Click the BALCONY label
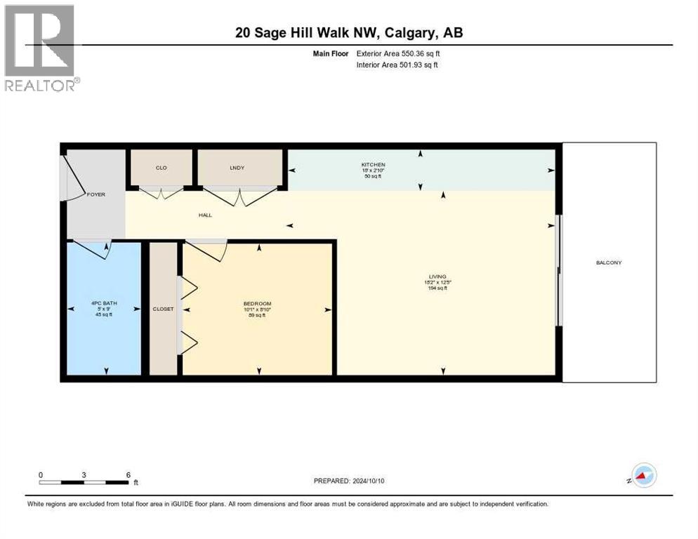tap(609, 262)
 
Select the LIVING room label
tap(439, 277)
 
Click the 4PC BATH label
tap(104, 303)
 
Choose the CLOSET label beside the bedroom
tap(163, 309)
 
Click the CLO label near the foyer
tap(161, 168)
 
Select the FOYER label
tap(96, 194)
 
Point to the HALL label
tap(204, 215)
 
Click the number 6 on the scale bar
tap(129, 474)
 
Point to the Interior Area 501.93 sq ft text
tap(397, 65)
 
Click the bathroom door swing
tap(93, 249)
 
